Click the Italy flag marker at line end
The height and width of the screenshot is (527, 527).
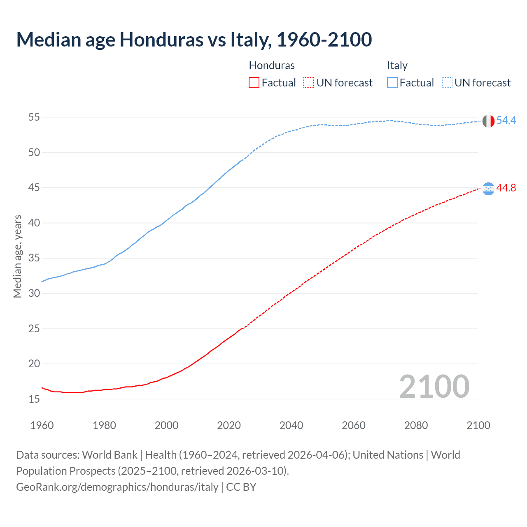click(x=488, y=121)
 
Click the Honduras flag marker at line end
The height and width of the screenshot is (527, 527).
click(x=488, y=189)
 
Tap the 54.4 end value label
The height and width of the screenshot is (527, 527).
click(x=506, y=120)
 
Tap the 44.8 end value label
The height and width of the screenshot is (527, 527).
click(x=506, y=188)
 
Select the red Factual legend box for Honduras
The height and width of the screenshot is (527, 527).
click(x=254, y=82)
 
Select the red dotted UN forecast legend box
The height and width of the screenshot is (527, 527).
click(x=309, y=82)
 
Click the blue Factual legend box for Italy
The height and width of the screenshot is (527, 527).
click(x=392, y=82)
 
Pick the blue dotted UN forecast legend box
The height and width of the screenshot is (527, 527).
click(x=447, y=82)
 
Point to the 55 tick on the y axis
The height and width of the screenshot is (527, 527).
click(x=34, y=117)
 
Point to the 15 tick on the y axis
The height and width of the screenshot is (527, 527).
click(x=34, y=399)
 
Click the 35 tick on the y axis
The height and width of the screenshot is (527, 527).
click(x=34, y=258)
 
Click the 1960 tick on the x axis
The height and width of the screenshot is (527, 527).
click(x=42, y=425)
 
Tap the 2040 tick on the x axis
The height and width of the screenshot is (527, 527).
click(x=291, y=425)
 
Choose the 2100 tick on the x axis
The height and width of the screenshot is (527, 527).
click(x=478, y=425)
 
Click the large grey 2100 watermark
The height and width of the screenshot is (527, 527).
click(x=434, y=386)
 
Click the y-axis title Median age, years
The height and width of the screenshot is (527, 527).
click(x=17, y=256)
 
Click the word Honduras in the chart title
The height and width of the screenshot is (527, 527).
click(x=161, y=40)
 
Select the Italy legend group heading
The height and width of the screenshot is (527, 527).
click(x=397, y=65)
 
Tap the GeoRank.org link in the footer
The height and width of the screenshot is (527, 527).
click(x=117, y=487)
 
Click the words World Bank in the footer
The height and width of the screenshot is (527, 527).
click(x=110, y=455)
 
